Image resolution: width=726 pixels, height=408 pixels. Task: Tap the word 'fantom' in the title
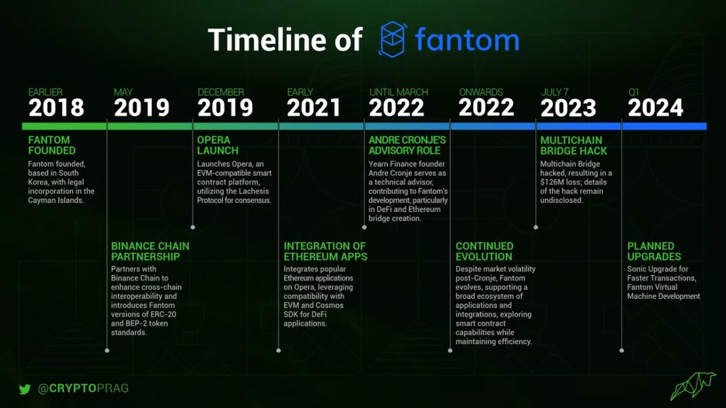[466, 40]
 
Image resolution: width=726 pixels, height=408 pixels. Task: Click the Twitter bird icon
[25, 389]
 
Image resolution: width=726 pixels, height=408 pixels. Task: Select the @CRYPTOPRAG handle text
[83, 389]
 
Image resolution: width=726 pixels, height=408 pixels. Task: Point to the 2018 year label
[56, 108]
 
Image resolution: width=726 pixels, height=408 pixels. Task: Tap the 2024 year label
[655, 108]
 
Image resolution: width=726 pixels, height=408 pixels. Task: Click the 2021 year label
[313, 108]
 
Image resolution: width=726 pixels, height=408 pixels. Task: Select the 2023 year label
[568, 108]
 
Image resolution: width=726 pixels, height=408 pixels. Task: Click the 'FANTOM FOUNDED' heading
[52, 145]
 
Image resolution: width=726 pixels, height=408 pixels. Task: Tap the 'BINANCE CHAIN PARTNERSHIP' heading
[150, 251]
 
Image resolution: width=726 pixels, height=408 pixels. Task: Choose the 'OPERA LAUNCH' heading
[218, 145]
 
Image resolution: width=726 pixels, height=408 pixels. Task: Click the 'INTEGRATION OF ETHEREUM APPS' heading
[325, 251]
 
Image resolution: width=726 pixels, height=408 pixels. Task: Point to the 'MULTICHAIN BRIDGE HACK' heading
[571, 145]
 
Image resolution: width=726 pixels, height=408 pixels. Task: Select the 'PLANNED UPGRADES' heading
[651, 251]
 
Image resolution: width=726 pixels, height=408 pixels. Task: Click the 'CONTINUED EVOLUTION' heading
[485, 251]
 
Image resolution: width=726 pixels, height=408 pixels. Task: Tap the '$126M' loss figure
[554, 183]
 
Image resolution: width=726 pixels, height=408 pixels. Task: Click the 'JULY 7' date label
[555, 92]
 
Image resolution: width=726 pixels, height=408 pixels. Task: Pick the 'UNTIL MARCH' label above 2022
[399, 92]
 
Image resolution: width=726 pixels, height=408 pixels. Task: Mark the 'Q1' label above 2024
[633, 92]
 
